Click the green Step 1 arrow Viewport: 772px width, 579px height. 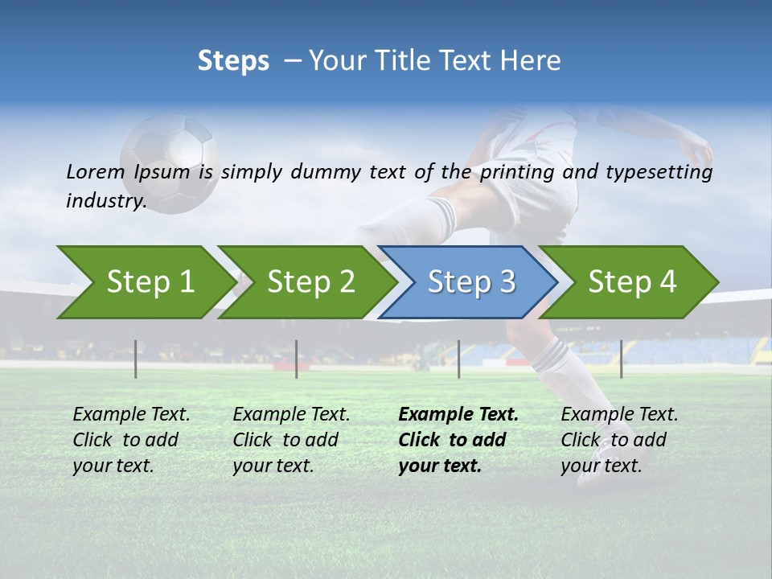pyautogui.click(x=145, y=281)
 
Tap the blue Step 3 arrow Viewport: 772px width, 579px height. pyautogui.click(x=469, y=281)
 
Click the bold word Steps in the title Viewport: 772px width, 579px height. pyautogui.click(x=233, y=61)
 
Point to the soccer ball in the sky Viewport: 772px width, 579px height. pyautogui.click(x=170, y=163)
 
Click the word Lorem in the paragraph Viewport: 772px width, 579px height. pyautogui.click(x=95, y=172)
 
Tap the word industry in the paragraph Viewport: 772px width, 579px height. pyautogui.click(x=105, y=200)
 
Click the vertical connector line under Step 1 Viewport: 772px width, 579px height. pyautogui.click(x=136, y=359)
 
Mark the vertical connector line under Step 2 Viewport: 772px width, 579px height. pyautogui.click(x=297, y=359)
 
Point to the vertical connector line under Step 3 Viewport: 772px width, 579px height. pyautogui.click(x=459, y=359)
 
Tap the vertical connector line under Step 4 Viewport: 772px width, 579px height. pyautogui.click(x=621, y=359)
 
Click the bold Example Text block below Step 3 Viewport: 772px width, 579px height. pyautogui.click(x=458, y=440)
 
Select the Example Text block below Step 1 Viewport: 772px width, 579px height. pyautogui.click(x=131, y=440)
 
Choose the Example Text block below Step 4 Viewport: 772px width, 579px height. pyautogui.click(x=619, y=440)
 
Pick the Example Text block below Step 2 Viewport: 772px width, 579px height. pyautogui.click(x=291, y=440)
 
